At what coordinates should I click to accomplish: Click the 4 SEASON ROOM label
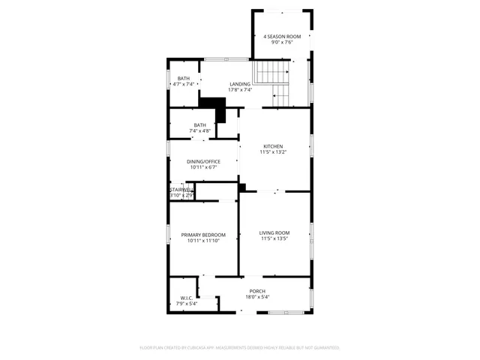(281, 37)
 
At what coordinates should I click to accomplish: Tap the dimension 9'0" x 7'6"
(281, 43)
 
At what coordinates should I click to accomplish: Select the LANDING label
(240, 84)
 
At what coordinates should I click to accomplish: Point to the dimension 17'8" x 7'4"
(240, 90)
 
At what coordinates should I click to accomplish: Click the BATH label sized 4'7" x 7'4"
(184, 79)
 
